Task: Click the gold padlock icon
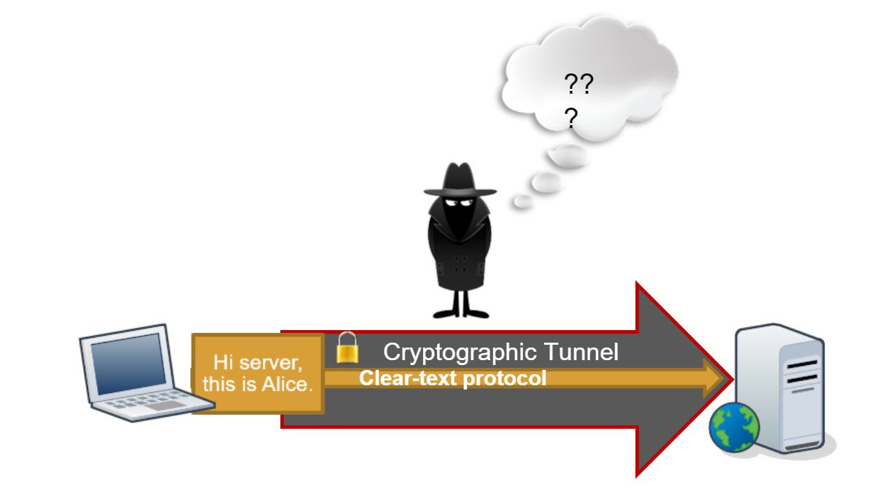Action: pyautogui.click(x=348, y=348)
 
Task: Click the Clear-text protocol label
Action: pyautogui.click(x=452, y=378)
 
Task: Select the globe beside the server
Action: pyautogui.click(x=734, y=426)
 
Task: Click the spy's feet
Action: pyautogui.click(x=459, y=312)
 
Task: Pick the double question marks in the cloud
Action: pyautogui.click(x=579, y=86)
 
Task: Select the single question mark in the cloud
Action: pyautogui.click(x=571, y=119)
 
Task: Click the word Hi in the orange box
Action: pyautogui.click(x=222, y=362)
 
